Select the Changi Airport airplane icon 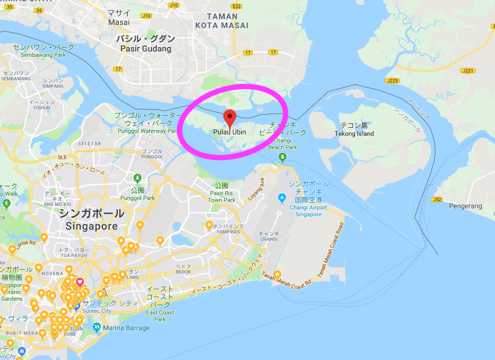pos(282,197)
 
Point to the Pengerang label pos(465,206)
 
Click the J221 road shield pos(467,71)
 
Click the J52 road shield pos(437,200)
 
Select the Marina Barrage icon pos(97,327)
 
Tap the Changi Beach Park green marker pos(283,157)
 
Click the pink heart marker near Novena pos(80,282)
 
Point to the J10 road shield pos(173,5)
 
